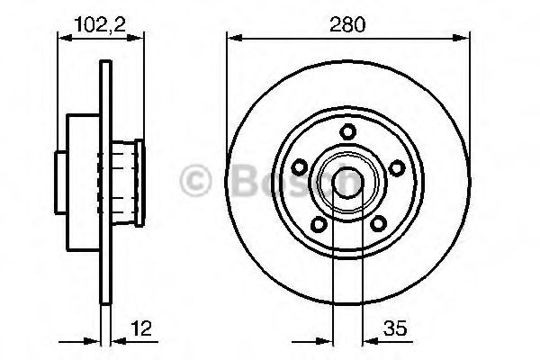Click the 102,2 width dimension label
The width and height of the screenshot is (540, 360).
point(100,25)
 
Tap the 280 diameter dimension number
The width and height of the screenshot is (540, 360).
point(347,24)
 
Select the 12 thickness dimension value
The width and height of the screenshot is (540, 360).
point(141,328)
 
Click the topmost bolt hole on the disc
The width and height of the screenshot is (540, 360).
point(347,132)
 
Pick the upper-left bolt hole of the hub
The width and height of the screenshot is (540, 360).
point(300,167)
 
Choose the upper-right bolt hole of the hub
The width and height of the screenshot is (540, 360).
point(397,167)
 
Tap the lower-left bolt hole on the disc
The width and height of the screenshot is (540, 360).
point(319,225)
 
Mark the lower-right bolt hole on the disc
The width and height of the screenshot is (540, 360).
point(378,224)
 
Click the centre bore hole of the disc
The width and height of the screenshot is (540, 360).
point(347,183)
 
